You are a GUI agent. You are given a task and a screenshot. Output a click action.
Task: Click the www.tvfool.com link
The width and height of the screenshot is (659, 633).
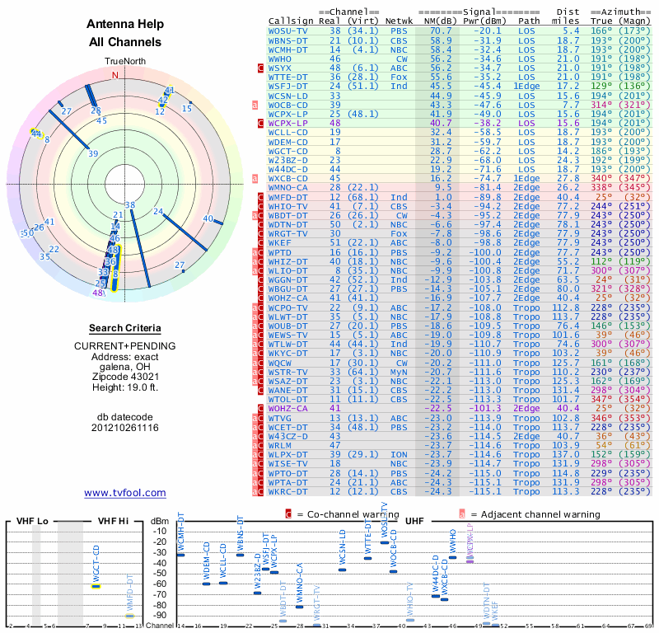click(125, 493)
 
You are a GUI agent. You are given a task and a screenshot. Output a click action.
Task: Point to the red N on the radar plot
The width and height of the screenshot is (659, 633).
click(115, 75)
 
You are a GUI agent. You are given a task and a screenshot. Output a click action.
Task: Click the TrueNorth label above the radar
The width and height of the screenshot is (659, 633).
click(124, 62)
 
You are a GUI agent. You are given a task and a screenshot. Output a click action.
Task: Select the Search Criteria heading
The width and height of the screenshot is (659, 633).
click(125, 328)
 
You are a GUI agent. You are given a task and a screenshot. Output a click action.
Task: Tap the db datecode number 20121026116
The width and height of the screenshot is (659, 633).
click(125, 428)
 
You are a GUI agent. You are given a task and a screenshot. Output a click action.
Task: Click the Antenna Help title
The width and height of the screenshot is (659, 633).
click(125, 26)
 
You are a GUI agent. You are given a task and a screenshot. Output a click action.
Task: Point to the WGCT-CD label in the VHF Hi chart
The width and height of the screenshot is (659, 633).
click(96, 560)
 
